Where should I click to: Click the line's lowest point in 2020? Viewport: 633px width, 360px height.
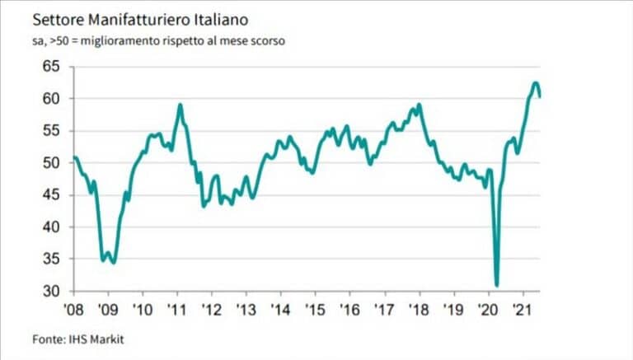tap(497, 285)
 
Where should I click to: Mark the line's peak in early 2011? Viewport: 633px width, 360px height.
tap(180, 105)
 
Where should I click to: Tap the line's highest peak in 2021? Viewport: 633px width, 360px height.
tap(535, 82)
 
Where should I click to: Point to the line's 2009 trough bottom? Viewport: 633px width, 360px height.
tap(113, 263)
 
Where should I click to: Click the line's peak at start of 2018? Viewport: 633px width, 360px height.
tap(420, 105)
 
